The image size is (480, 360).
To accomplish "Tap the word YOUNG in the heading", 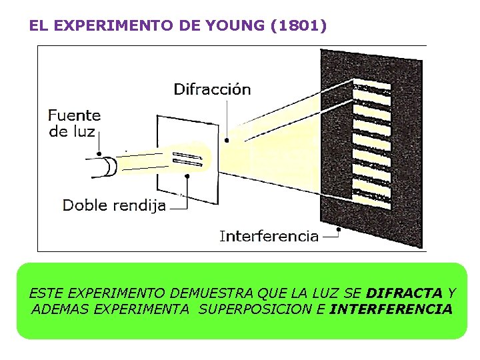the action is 243,26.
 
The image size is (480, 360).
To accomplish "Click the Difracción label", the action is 212,89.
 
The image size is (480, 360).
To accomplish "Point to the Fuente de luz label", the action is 74,123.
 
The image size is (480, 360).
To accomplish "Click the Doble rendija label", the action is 114,205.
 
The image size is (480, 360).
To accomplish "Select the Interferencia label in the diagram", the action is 269,236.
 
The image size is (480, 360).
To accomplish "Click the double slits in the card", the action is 186,158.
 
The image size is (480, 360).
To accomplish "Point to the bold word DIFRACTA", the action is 405,293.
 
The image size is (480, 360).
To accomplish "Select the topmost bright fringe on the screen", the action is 372,86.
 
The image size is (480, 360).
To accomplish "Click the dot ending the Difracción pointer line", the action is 227,140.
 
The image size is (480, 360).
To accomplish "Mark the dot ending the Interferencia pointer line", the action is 339,230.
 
